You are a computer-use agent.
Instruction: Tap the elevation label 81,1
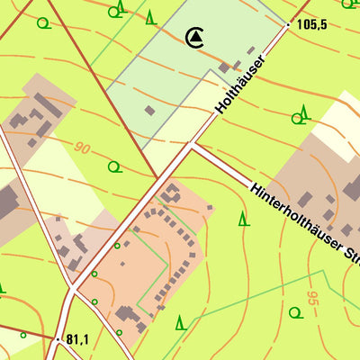click(x=76, y=339)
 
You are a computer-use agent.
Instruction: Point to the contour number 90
click(x=83, y=148)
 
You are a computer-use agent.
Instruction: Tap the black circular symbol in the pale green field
click(x=194, y=37)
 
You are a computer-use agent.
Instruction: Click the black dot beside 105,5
click(x=289, y=25)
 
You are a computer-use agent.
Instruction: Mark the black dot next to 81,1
click(x=58, y=339)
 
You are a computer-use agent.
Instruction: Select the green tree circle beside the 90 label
click(x=113, y=166)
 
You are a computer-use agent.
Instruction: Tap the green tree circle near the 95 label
click(x=294, y=312)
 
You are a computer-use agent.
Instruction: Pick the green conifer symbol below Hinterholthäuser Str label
click(x=243, y=219)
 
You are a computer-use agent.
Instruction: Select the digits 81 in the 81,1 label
click(x=72, y=339)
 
